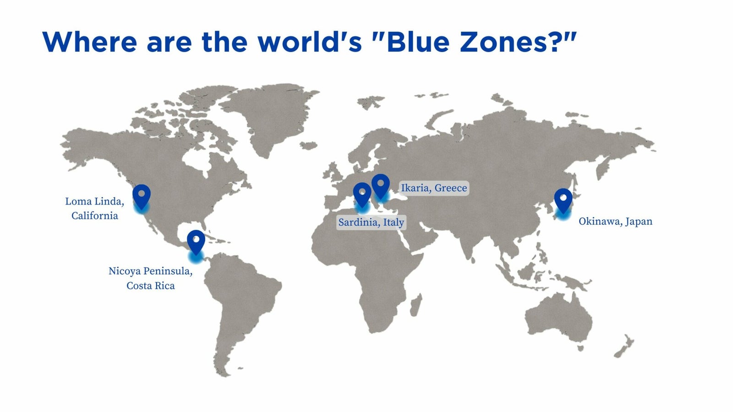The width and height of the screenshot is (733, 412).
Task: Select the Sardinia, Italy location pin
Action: click(x=362, y=194)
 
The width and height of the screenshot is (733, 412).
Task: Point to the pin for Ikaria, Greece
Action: click(x=381, y=185)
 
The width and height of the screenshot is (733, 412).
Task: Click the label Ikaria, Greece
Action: click(x=434, y=188)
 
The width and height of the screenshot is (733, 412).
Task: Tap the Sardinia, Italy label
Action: click(x=371, y=222)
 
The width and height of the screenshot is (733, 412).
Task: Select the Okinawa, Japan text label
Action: click(x=615, y=222)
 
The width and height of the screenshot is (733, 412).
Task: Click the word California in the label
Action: click(x=94, y=216)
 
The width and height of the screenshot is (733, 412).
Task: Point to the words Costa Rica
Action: click(x=151, y=286)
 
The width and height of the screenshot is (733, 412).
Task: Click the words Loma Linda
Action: click(x=94, y=201)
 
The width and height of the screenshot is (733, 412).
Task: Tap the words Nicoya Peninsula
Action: click(x=151, y=271)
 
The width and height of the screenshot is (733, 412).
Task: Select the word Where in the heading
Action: click(x=89, y=42)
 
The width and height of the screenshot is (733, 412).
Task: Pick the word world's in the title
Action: click(x=310, y=42)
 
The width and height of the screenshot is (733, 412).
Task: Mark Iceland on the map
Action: click(x=309, y=145)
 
